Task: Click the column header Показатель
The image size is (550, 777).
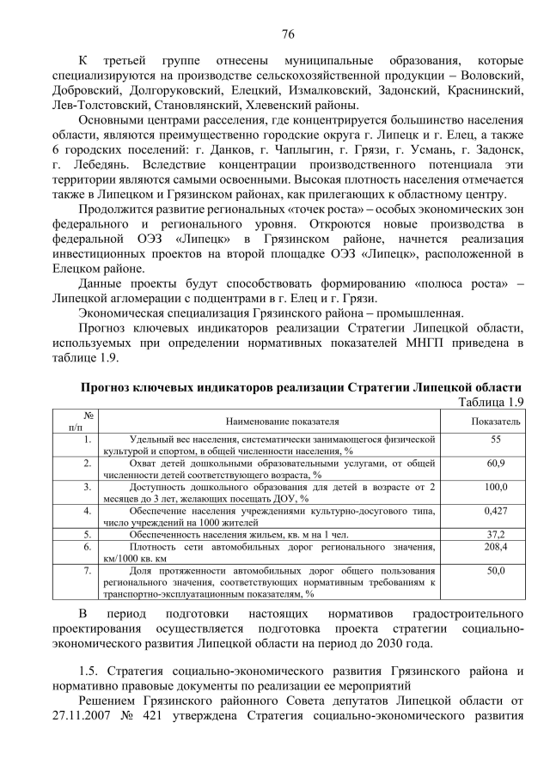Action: (x=495, y=422)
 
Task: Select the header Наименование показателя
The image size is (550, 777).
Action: (x=282, y=422)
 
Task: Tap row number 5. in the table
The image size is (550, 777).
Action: (x=88, y=533)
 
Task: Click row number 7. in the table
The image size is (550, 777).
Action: (x=88, y=570)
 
